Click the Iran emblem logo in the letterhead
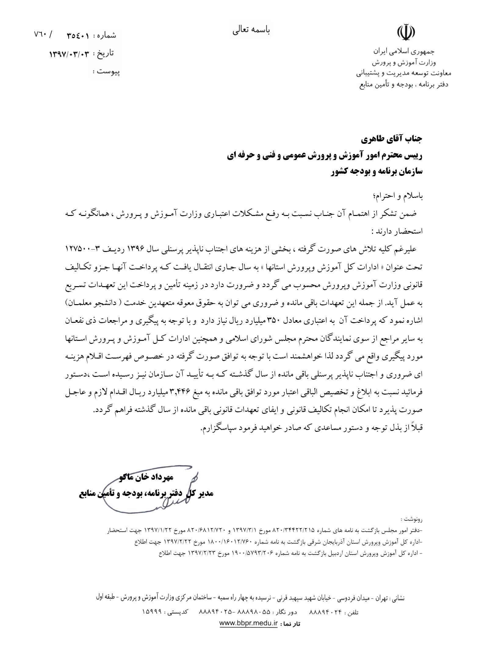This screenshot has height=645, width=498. pyautogui.click(x=406, y=32)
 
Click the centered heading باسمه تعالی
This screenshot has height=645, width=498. pyautogui.click(x=251, y=31)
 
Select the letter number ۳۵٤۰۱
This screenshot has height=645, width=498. pyautogui.click(x=78, y=36)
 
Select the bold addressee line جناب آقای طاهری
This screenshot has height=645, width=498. pyautogui.click(x=392, y=139)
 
